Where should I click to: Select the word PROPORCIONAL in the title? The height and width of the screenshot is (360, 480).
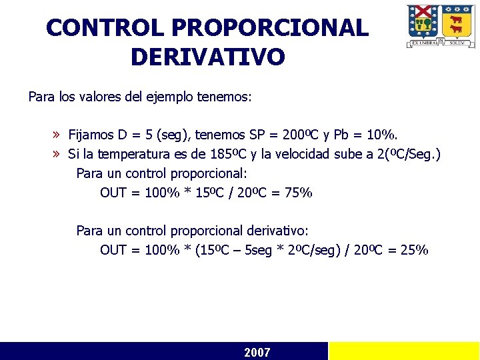269,28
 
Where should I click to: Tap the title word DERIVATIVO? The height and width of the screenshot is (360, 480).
207,57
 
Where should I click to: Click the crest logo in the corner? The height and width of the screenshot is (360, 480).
441,25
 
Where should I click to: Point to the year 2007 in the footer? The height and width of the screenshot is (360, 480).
257,352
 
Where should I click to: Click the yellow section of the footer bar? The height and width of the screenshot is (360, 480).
403,351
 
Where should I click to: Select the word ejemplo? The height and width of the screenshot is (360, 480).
169,97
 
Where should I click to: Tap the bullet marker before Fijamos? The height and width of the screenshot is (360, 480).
57,135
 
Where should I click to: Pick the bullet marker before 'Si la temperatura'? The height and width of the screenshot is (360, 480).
57,155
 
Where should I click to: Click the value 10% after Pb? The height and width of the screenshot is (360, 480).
387,135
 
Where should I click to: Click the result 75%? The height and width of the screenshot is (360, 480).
297,193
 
